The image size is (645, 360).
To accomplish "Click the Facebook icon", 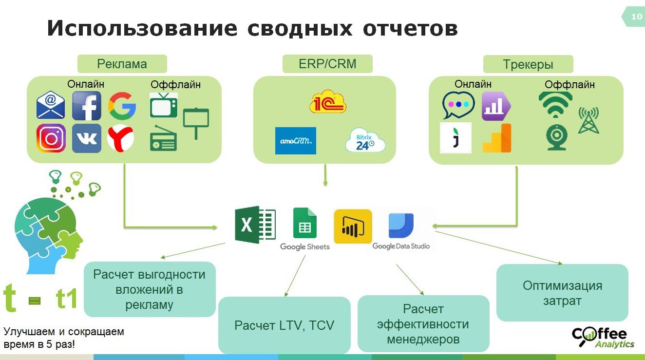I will pos(87,106).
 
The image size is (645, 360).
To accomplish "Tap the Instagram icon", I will pos(51,138).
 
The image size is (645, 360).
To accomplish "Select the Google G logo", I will pos(122,106).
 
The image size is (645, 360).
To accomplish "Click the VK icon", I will pos(87,138).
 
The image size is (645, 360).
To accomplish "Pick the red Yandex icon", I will pos(121,138).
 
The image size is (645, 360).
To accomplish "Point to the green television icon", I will pos(164,105).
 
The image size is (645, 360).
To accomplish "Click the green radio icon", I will pos(163,138).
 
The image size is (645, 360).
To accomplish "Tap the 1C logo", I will pos(327,102).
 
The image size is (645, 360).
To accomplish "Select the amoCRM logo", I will pos(295,140).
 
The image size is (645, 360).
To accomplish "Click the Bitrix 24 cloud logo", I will pos(365,140).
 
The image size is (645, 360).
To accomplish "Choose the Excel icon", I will pos(255,225).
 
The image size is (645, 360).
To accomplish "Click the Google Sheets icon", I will pos(305,224).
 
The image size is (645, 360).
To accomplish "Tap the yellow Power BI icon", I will pos(353,227).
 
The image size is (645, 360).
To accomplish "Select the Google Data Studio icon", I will pos(401,226).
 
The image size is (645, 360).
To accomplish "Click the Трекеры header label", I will pos(528,64).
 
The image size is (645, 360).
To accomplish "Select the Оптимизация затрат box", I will pos(562,293).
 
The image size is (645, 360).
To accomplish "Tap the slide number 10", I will pos(636,17).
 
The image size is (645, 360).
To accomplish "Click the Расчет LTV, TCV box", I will pos(285,325).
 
